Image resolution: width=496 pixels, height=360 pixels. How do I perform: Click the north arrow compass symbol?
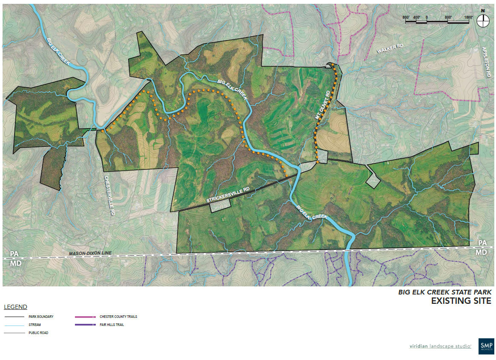483,20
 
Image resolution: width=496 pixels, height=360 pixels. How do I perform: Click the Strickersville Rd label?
227,195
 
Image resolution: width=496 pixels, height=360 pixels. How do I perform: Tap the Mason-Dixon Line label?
90,253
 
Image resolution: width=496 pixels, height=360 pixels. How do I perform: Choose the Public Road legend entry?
35,333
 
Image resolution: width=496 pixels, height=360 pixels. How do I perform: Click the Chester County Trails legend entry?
118,317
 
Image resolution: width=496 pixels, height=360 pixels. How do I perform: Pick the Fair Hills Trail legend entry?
112,325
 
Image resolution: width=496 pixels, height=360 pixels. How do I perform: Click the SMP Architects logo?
486,345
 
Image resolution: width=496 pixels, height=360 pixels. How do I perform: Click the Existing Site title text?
461,301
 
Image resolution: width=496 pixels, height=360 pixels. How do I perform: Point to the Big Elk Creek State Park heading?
445,292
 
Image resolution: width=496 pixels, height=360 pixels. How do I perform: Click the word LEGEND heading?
15,307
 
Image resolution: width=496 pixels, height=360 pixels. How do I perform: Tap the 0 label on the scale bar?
427,17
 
